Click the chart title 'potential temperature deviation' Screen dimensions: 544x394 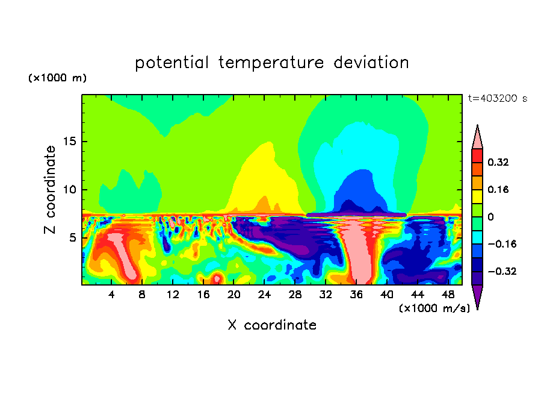271,63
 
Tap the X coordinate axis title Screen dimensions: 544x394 272,325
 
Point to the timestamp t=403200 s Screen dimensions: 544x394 498,99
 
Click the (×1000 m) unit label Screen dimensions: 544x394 57,78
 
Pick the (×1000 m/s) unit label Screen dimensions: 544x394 434,308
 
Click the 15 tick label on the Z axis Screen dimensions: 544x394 69,142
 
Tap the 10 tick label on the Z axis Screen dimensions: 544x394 69,190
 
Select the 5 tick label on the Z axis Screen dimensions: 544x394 72,237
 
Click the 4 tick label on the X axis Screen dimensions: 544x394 111,295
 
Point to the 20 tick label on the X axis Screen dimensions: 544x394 234,295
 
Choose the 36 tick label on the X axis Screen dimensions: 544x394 356,295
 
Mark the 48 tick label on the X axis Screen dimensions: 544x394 448,295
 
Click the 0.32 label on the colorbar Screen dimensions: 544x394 498,162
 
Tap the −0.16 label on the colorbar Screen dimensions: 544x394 502,244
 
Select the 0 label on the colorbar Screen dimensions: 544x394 490,217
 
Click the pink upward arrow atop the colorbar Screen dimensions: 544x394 477,137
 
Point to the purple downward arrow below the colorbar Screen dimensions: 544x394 477,297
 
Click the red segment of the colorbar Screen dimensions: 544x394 477,155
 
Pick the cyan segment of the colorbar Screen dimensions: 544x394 477,237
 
